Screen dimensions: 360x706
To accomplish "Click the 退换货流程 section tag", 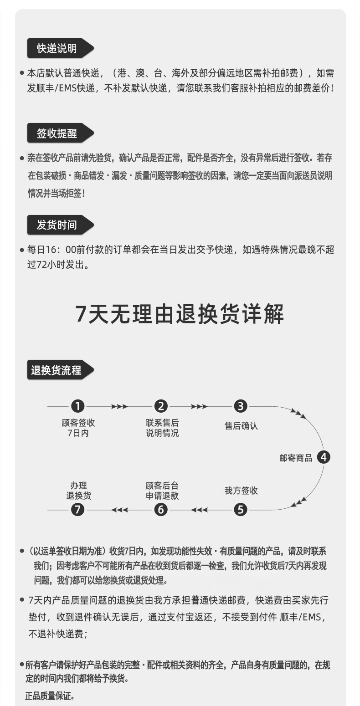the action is [57, 370].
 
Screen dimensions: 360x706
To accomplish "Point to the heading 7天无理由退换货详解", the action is [180, 314].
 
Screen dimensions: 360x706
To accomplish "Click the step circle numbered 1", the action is [78, 406].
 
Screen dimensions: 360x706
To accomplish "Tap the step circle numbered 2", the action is [161, 406].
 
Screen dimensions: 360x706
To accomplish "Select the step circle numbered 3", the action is [241, 406].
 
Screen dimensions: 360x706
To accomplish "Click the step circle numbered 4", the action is [323, 457].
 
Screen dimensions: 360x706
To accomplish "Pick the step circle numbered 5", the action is [241, 509].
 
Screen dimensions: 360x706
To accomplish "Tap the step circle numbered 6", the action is [161, 509].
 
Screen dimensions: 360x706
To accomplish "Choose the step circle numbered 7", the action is [78, 509].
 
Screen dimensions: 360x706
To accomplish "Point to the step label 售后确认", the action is [241, 426].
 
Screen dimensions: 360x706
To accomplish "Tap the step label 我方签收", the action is [241, 491].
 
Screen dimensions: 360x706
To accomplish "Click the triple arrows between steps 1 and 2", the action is [119, 406].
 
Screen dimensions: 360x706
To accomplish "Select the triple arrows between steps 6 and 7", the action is [120, 509].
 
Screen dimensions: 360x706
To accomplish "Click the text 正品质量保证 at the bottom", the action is [50, 696].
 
